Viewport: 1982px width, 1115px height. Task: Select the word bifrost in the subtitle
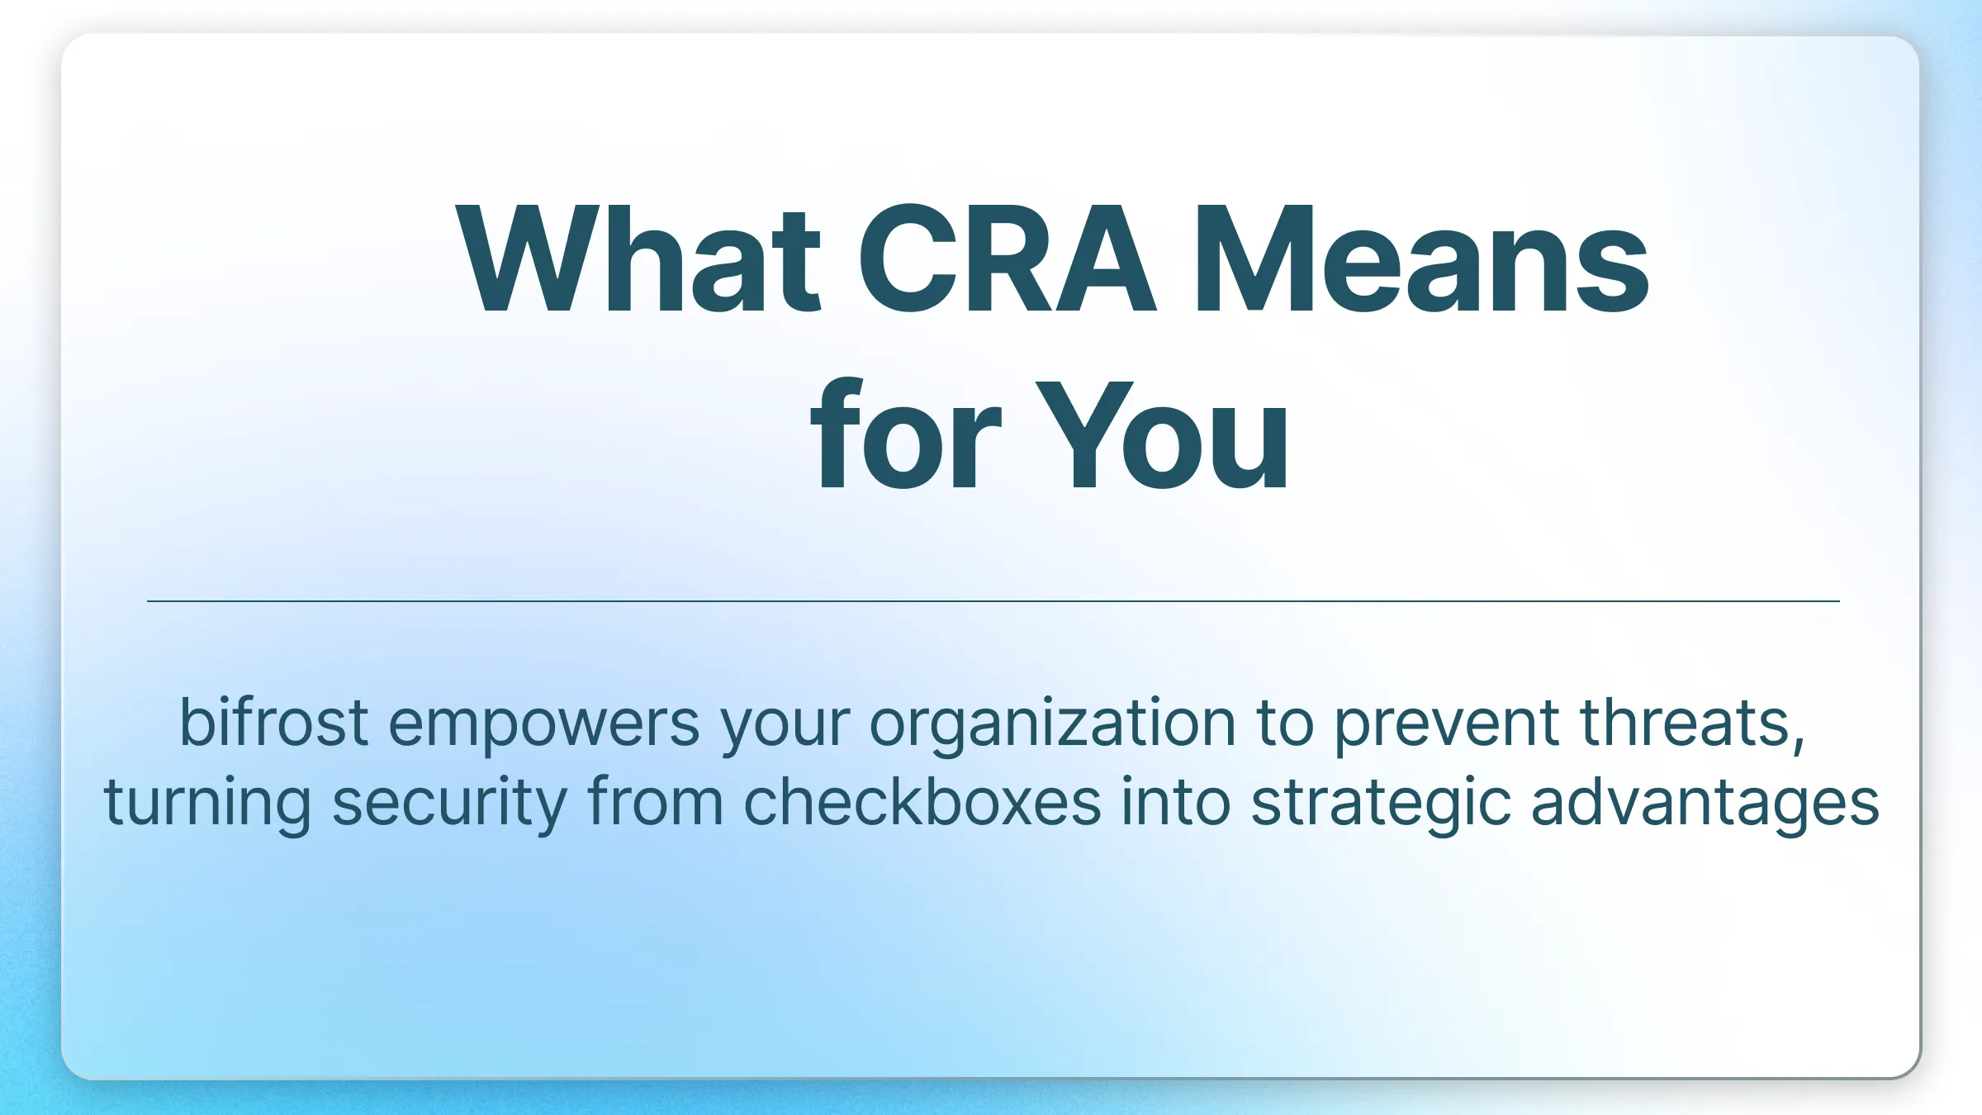pos(273,723)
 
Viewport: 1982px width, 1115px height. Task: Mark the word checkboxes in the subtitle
pos(922,802)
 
